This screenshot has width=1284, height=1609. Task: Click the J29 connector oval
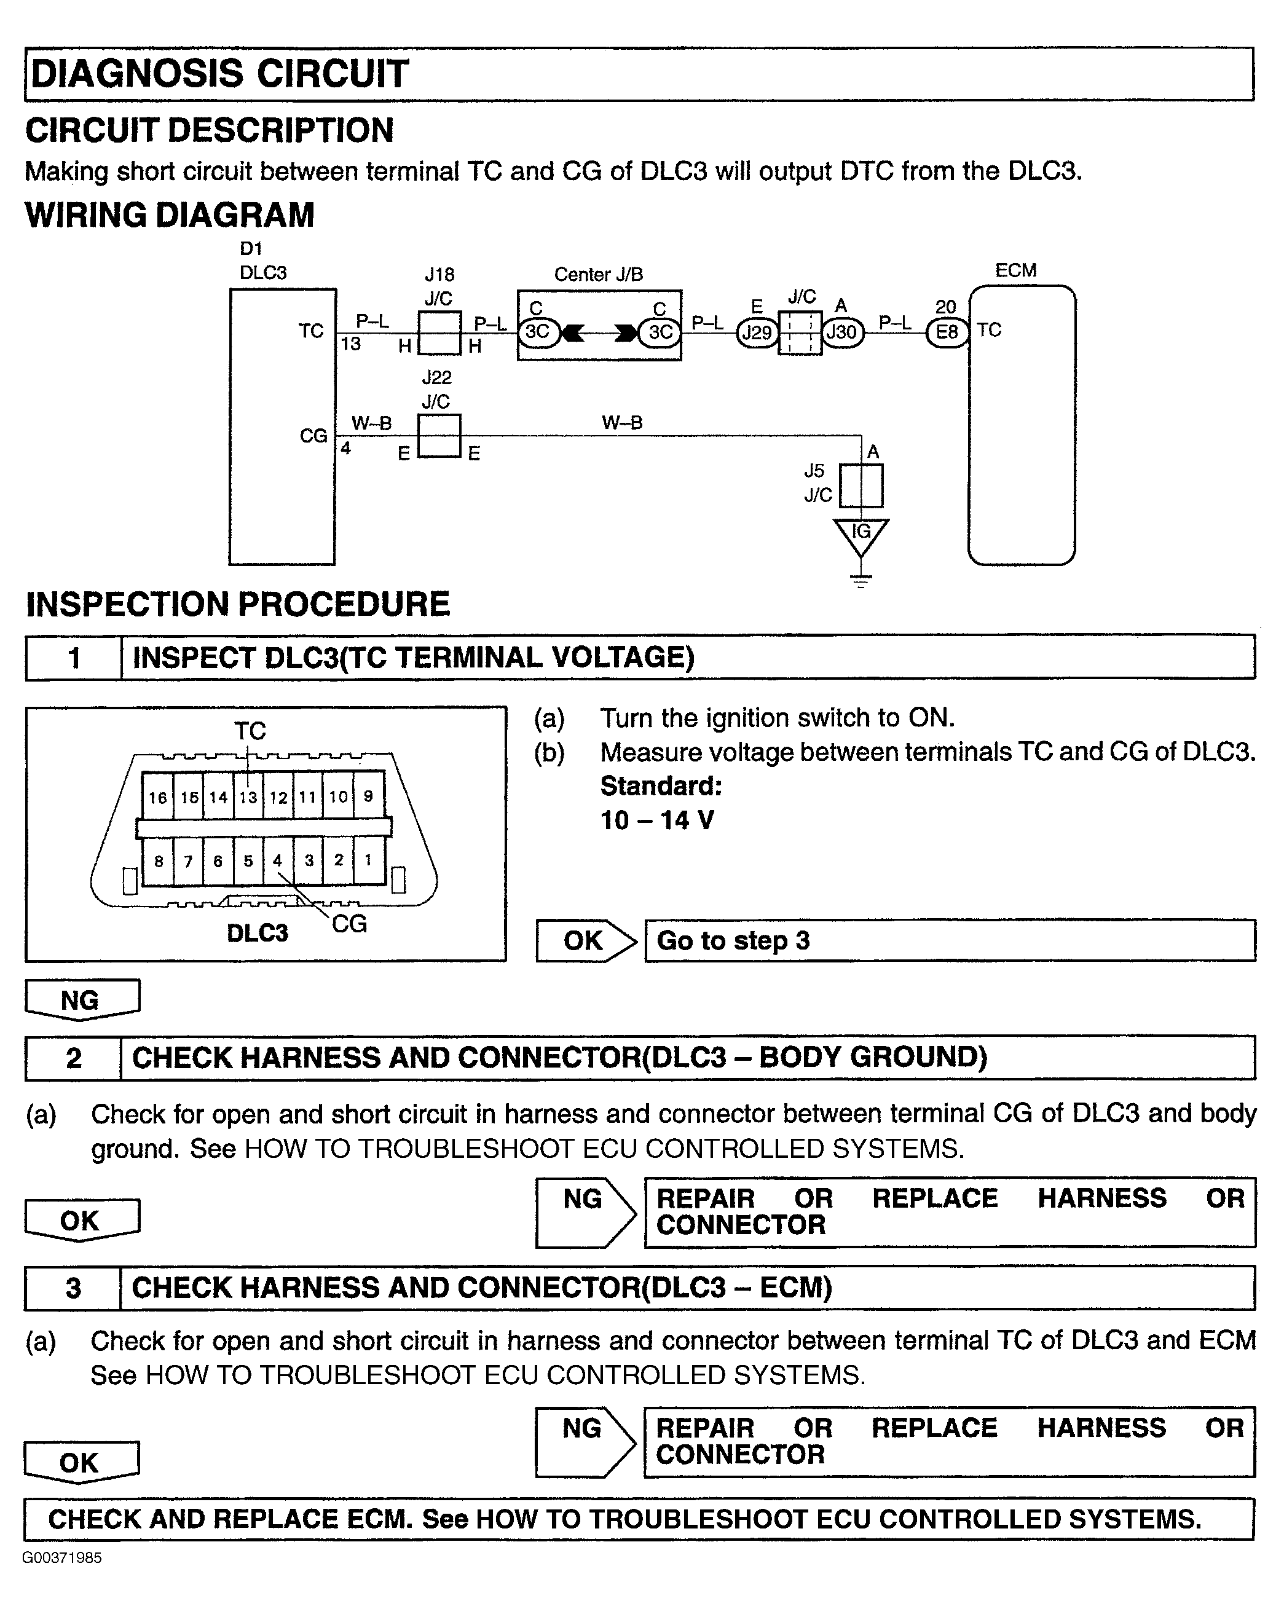(x=757, y=332)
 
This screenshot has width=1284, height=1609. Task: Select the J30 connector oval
(x=842, y=332)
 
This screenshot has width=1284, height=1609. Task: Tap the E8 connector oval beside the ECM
(x=947, y=332)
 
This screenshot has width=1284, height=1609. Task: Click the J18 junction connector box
(x=439, y=333)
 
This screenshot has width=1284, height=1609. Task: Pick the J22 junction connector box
(x=438, y=436)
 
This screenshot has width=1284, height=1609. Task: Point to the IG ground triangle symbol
(x=861, y=535)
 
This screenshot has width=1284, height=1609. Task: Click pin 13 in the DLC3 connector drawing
(x=248, y=798)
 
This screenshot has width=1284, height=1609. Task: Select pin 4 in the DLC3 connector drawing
(x=278, y=860)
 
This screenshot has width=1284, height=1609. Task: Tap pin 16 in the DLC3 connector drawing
(x=157, y=798)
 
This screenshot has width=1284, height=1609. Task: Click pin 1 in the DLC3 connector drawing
(x=368, y=860)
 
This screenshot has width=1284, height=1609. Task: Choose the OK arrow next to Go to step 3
(x=585, y=941)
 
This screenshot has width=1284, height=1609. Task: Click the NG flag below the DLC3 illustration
(x=81, y=1000)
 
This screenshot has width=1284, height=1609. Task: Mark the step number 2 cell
(x=73, y=1058)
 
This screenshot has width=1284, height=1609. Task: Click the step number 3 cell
(x=73, y=1288)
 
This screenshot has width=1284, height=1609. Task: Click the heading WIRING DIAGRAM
(x=170, y=216)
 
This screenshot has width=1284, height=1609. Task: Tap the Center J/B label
(x=598, y=275)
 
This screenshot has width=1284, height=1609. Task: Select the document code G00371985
(x=62, y=1558)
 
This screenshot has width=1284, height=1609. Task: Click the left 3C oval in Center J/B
(x=537, y=332)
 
